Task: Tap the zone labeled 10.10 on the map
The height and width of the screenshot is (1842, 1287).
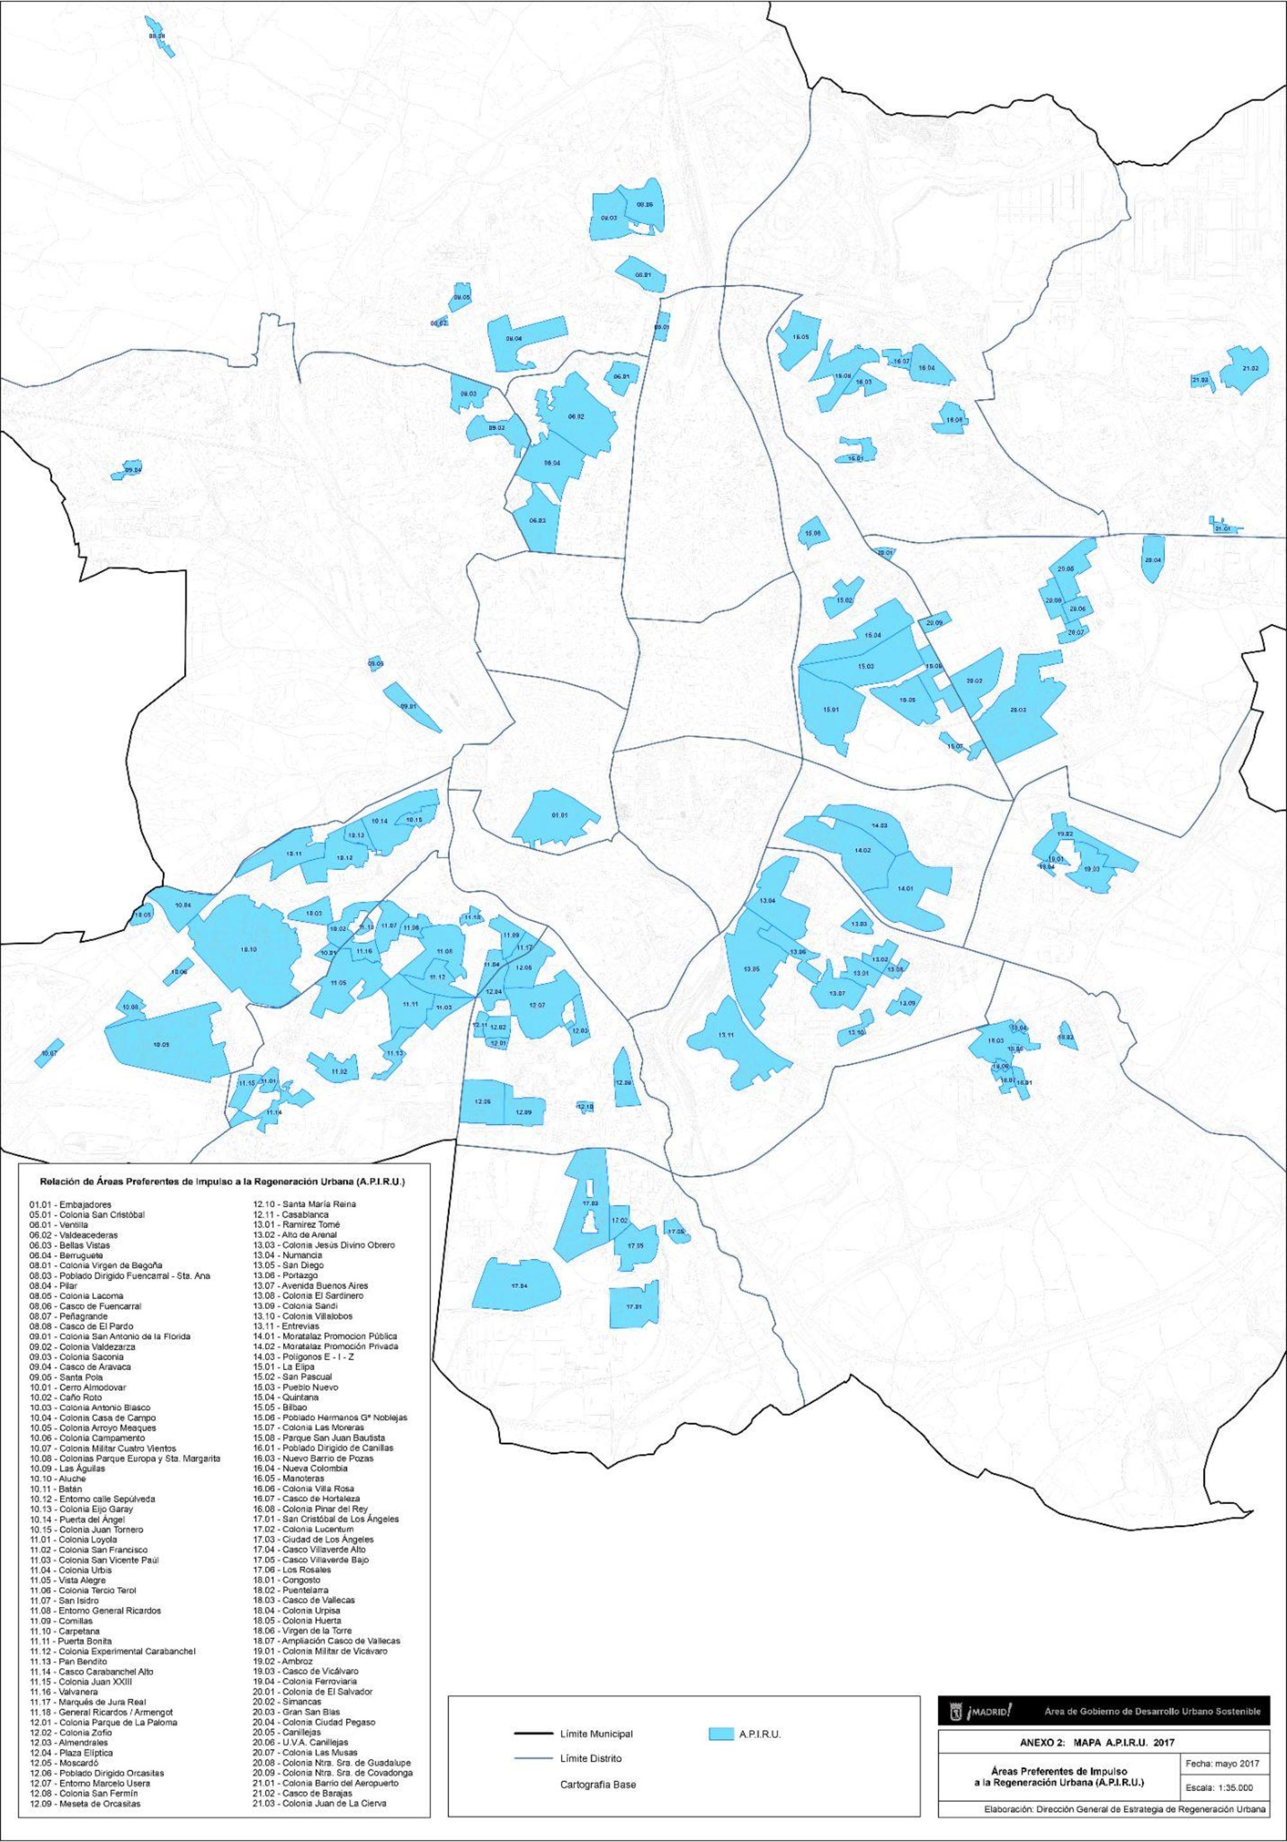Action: (x=248, y=951)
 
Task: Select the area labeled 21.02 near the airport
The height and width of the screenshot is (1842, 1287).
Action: (x=1248, y=368)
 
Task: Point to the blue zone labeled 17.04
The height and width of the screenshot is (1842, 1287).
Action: (x=518, y=1286)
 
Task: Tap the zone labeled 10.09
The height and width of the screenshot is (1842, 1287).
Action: (x=160, y=1045)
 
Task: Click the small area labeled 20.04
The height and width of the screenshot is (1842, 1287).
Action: (x=1153, y=560)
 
